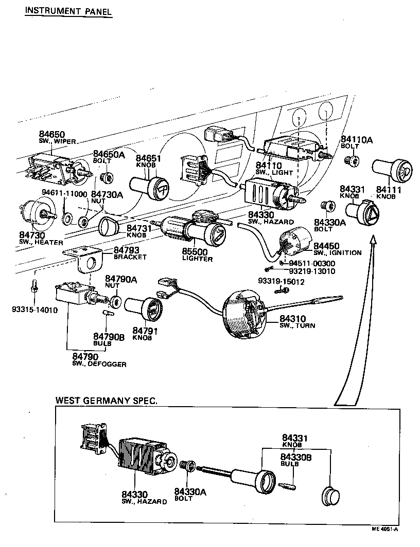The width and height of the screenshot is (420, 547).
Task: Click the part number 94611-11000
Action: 64,193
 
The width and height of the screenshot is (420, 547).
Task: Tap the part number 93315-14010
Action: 34,310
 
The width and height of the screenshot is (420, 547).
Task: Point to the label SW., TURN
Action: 297,325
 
